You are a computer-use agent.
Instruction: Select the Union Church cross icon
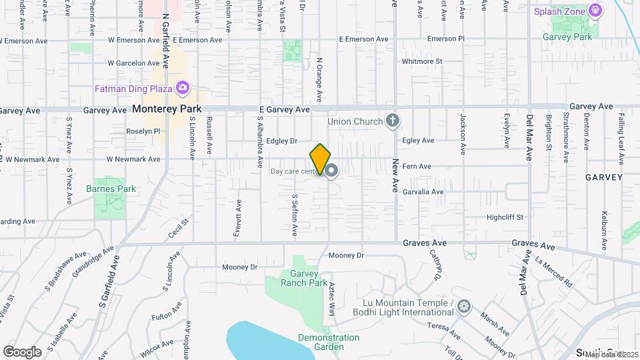393,121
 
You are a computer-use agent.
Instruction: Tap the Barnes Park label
111,189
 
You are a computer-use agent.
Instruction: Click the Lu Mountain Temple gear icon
464,307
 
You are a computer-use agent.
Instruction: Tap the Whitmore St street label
422,61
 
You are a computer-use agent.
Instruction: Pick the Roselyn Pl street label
143,131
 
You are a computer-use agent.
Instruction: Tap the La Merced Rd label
553,273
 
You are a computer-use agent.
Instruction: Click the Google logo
22,351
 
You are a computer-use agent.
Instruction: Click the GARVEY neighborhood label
603,177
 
